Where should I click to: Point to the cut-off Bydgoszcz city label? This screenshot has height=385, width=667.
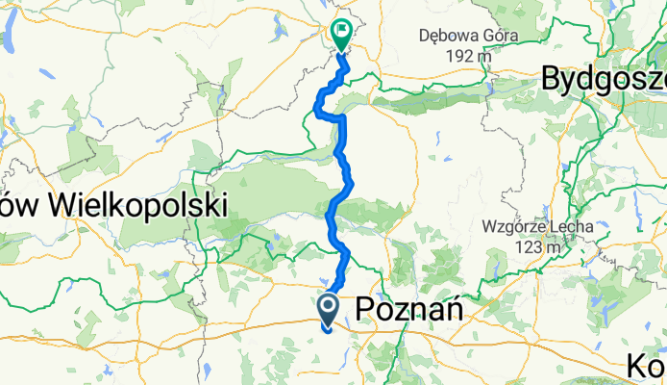[x=604, y=79]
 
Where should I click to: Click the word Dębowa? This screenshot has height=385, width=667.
[x=449, y=37]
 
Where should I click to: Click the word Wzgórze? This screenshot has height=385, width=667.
[x=514, y=228]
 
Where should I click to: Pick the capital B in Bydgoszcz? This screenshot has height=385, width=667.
[x=554, y=79]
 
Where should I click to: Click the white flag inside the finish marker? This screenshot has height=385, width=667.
[x=342, y=30]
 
